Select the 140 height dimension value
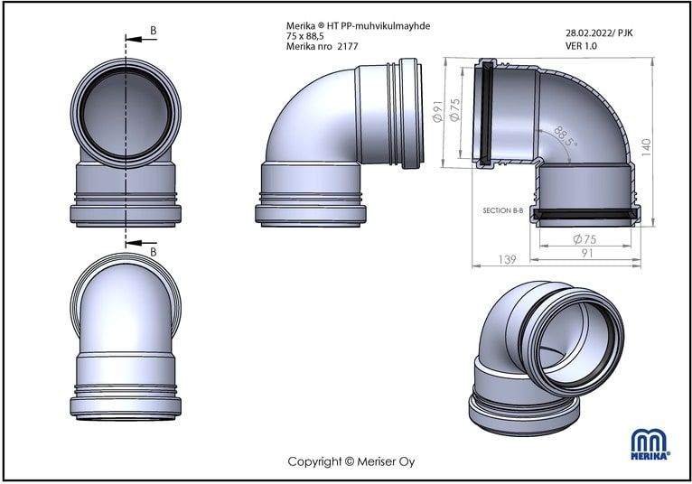coord(646,147)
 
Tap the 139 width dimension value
coord(507,259)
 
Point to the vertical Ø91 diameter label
coord(437,111)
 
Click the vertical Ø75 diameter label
coord(455,109)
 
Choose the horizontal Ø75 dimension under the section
coord(584,239)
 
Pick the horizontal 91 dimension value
coord(587,253)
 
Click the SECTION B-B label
coord(502,211)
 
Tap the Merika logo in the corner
coord(650,445)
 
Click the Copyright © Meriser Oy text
coord(351,462)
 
